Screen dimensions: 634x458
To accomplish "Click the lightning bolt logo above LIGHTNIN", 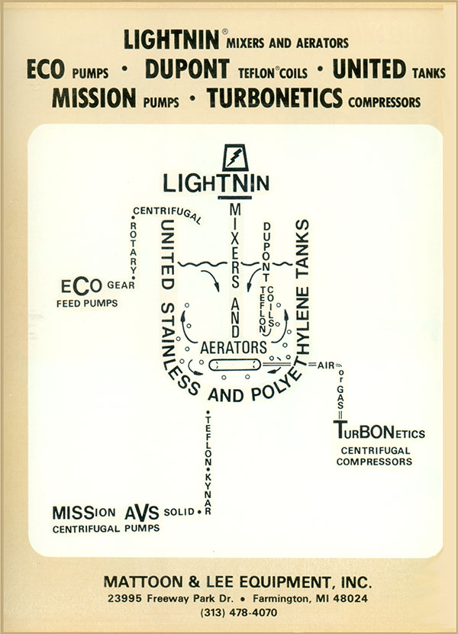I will coord(234,158).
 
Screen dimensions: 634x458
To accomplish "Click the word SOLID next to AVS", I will coord(179,512).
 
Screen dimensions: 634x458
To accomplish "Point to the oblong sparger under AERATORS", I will coord(234,365).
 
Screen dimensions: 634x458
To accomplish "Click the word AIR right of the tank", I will coord(327,365).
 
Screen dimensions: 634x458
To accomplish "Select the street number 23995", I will coord(125,598).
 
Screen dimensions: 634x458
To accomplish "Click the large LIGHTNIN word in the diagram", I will coord(217,183).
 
